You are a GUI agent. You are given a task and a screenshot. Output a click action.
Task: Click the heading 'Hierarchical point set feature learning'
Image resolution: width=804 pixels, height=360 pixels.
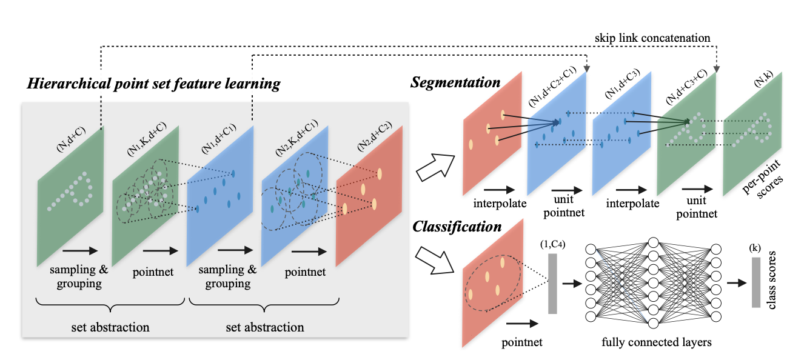[153, 84]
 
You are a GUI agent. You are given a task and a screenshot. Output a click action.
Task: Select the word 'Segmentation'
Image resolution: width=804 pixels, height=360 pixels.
[455, 82]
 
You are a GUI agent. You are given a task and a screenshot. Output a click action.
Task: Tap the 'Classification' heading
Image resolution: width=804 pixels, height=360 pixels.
[457, 227]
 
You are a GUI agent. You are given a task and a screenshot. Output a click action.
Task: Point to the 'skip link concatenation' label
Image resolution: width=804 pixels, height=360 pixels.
[652, 38]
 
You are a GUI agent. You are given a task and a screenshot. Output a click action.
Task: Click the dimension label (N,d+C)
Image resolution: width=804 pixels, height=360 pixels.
[71, 139]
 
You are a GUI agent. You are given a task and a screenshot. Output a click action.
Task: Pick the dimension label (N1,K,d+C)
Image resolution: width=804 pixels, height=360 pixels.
[147, 139]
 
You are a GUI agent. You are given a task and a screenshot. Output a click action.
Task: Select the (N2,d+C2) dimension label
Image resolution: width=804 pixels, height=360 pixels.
[374, 136]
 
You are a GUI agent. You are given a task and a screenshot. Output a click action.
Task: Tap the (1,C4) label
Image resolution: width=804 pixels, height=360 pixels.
[553, 244]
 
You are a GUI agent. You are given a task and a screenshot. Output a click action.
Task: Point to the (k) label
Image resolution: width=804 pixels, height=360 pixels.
[755, 248]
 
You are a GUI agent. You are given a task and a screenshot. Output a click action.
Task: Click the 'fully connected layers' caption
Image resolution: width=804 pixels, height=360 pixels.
[657, 342]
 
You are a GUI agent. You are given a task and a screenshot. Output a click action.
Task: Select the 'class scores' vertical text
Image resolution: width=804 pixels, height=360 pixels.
[771, 280]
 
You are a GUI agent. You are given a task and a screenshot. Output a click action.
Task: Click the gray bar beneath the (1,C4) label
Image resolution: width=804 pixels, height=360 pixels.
[552, 284]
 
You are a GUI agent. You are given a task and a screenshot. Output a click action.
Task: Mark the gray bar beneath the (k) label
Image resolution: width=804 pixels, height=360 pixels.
[756, 282]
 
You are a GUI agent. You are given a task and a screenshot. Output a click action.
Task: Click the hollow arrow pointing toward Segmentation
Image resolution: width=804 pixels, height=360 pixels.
[435, 167]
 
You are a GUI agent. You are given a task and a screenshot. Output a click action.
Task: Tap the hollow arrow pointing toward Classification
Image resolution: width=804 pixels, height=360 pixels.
[434, 261]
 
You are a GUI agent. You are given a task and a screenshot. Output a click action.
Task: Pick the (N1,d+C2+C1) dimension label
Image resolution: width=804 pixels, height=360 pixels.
[552, 87]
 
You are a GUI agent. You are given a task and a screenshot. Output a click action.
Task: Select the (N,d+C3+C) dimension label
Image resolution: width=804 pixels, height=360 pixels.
[686, 87]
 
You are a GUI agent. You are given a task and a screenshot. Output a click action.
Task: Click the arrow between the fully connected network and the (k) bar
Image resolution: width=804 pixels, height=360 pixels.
[737, 283]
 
